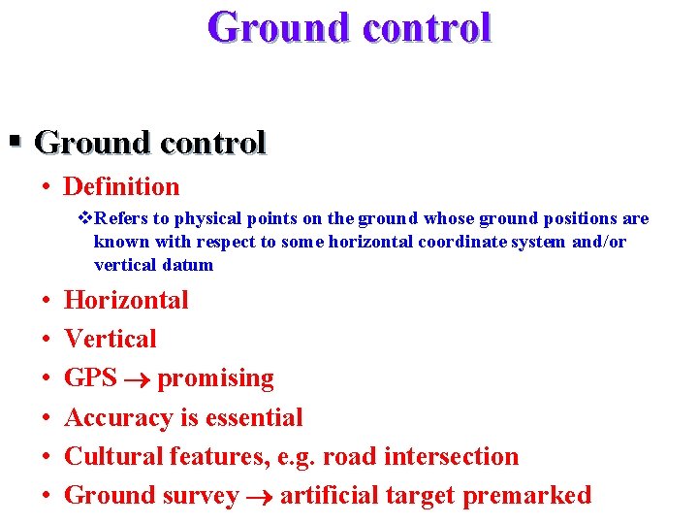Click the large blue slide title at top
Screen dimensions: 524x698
click(349, 27)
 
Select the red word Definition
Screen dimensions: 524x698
click(121, 186)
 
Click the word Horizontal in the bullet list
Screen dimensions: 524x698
click(126, 300)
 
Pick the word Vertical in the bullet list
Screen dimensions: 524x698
click(110, 339)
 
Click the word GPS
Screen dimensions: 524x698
click(90, 377)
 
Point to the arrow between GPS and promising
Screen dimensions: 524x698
click(137, 379)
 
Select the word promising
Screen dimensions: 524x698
click(215, 378)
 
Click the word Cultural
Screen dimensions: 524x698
click(113, 456)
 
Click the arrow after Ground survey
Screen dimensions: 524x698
click(259, 497)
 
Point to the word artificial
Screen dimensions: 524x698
click(329, 495)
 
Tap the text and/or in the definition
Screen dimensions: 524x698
click(598, 242)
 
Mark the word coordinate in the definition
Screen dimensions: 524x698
click(462, 242)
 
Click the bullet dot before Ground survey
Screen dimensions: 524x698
click(47, 495)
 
